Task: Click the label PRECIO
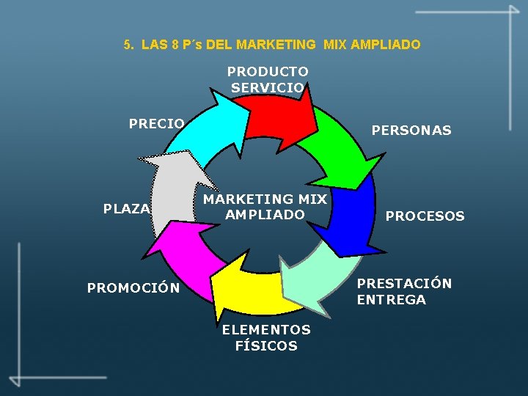[157, 123]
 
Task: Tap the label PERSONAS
[411, 131]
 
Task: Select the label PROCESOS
[425, 216]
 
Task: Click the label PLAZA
[127, 208]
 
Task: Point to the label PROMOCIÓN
[133, 287]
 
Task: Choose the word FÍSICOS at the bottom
[266, 346]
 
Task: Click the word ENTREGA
[391, 299]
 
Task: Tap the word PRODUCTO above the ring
[268, 72]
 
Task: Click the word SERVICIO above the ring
[267, 87]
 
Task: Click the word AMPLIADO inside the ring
[265, 215]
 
